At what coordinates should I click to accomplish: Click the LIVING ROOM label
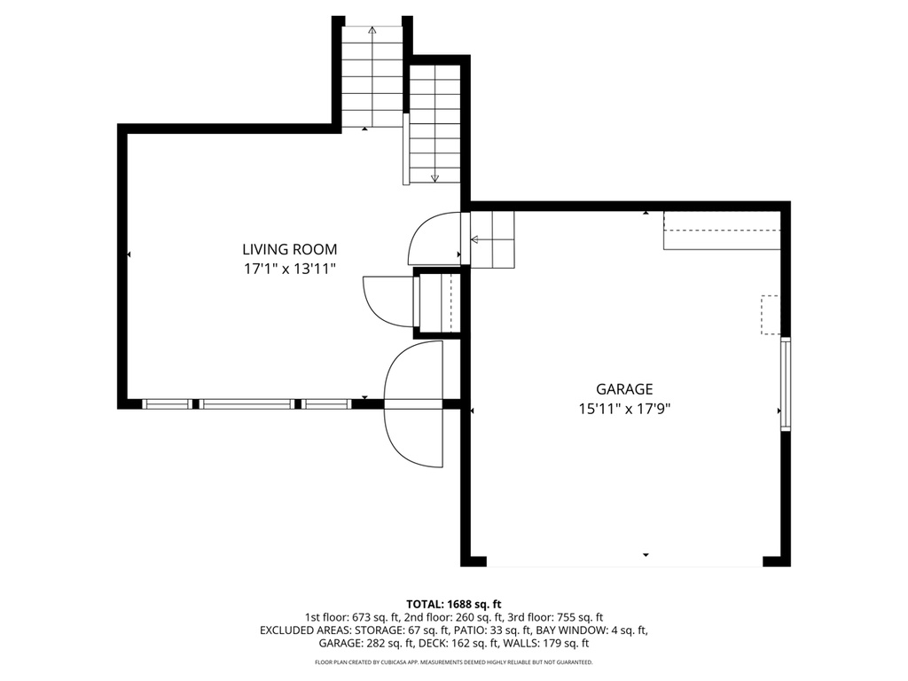290,250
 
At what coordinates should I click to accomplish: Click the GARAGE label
624,389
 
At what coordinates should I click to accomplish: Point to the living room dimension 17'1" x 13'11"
290,270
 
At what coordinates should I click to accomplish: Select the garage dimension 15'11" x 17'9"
624,409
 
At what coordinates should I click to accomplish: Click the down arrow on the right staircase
434,178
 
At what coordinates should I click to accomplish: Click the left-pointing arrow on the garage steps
475,239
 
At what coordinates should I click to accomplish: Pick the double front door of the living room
414,404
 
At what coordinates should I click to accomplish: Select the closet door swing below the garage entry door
387,301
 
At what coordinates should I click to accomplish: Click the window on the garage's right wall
785,383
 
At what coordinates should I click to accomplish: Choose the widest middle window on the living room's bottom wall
247,404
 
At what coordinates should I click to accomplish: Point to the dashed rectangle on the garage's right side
770,315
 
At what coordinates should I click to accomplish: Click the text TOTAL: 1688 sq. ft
453,603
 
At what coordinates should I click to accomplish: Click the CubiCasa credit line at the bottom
453,662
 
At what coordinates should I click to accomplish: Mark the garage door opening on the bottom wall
624,563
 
